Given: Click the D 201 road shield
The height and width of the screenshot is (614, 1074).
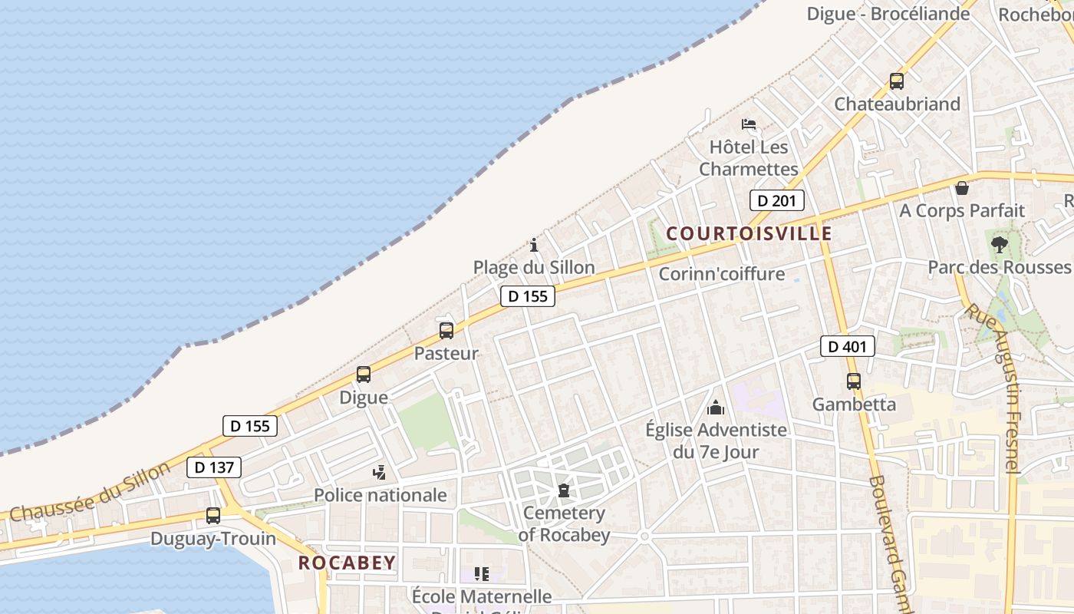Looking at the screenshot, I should click(776, 201).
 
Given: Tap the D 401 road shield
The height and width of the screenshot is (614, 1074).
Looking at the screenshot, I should click(847, 347).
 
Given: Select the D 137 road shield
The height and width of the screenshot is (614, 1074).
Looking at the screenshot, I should click(213, 467).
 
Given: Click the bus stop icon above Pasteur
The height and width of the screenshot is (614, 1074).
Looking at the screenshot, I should click(446, 331).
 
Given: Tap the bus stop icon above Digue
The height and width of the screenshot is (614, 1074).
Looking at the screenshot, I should click(364, 375).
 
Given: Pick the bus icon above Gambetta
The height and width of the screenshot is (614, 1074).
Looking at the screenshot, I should click(854, 381).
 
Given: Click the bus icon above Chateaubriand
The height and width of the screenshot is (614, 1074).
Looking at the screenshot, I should click(897, 81).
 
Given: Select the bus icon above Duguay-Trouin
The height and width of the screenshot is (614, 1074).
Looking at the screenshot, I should click(213, 516).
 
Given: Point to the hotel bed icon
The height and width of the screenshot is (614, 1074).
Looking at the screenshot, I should click(749, 124).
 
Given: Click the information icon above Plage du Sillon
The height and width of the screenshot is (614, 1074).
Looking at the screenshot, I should click(534, 245).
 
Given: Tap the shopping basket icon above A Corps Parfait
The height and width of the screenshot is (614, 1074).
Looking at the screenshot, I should click(962, 188).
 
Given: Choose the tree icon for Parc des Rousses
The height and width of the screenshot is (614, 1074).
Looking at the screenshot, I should click(999, 245).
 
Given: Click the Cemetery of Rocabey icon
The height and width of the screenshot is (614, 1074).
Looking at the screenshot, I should click(564, 490).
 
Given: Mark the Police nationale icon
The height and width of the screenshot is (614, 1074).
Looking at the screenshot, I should click(379, 472).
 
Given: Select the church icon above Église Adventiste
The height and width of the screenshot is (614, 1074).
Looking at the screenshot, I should click(716, 407).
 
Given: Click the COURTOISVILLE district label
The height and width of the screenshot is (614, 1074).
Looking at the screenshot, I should click(749, 233).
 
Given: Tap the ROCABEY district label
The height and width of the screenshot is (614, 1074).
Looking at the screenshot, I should click(347, 563).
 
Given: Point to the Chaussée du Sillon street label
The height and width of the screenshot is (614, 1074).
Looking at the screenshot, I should click(91, 492).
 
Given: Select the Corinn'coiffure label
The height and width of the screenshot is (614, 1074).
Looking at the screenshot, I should click(721, 274).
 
